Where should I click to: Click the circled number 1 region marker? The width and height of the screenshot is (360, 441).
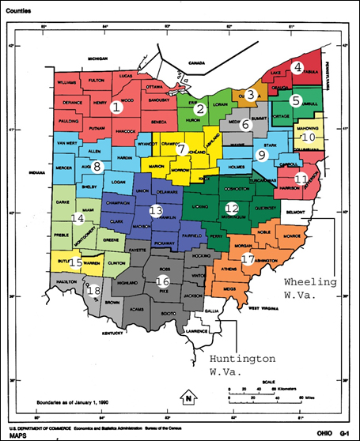(x=116, y=107)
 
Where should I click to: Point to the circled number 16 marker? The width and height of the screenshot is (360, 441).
(x=163, y=281)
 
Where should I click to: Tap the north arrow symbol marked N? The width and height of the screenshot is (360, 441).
(x=188, y=395)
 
